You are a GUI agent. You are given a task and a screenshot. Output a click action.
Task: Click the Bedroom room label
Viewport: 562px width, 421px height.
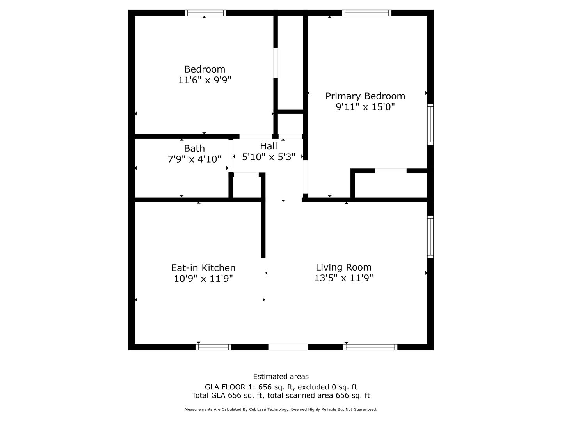pyautogui.click(x=205, y=69)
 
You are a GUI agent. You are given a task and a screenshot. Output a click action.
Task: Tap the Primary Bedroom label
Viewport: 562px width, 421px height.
pyautogui.click(x=365, y=96)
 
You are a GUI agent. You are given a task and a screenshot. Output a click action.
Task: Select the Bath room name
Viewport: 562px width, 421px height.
pyautogui.click(x=194, y=148)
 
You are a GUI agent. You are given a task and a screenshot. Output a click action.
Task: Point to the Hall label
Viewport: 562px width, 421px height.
pyautogui.click(x=269, y=146)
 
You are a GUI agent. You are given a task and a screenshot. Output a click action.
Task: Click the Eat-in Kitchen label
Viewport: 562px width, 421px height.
pyautogui.click(x=203, y=268)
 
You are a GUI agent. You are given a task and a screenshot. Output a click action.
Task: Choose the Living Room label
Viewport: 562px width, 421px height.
pyautogui.click(x=343, y=267)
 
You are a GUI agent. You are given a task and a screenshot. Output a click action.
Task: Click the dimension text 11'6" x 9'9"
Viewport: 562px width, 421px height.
pyautogui.click(x=205, y=80)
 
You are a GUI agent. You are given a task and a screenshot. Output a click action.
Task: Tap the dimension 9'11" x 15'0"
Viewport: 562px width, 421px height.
pyautogui.click(x=365, y=107)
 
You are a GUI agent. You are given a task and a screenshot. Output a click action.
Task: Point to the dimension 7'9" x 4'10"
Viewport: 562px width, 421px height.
pyautogui.click(x=194, y=159)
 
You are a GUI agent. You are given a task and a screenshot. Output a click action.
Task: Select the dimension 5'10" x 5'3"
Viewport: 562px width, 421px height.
pyautogui.click(x=269, y=157)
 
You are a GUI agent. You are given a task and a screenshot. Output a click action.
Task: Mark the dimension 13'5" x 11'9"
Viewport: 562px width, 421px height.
pyautogui.click(x=343, y=278)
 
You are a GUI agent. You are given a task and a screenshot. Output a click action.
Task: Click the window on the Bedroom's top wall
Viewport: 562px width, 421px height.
pyautogui.click(x=205, y=13)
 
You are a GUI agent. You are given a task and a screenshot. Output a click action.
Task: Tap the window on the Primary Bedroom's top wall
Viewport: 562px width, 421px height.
pyautogui.click(x=366, y=13)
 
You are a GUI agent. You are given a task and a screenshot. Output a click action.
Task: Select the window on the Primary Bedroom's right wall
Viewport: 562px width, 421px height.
pyautogui.click(x=430, y=124)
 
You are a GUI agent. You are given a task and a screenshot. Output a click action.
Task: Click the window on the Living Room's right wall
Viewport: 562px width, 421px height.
pyautogui.click(x=430, y=237)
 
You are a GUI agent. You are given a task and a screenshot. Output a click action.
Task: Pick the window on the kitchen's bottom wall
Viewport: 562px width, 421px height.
pyautogui.click(x=213, y=347)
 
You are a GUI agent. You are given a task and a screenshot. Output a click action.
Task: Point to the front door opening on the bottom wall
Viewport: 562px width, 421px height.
pyautogui.click(x=288, y=347)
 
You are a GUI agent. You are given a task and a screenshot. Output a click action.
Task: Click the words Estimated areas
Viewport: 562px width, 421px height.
pyautogui.click(x=281, y=377)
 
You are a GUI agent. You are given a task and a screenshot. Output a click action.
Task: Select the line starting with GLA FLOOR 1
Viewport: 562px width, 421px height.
pyautogui.click(x=281, y=387)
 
